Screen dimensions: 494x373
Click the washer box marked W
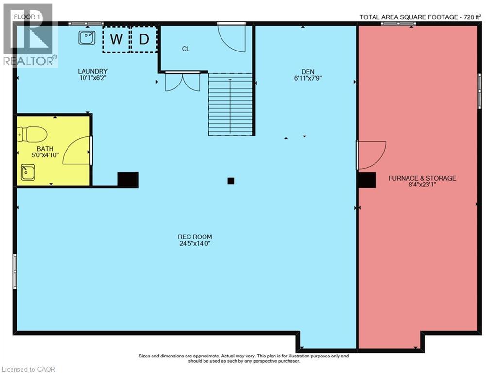[x=116, y=39]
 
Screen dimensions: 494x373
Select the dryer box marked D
[x=144, y=39]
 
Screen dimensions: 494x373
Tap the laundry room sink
[x=86, y=37]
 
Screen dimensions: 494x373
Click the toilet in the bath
[x=32, y=134]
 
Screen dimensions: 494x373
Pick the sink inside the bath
[x=28, y=172]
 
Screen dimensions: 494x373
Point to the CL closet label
[x=186, y=49]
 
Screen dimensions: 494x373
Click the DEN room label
[x=308, y=72]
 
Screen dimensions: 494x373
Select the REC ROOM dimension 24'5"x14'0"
[x=195, y=243]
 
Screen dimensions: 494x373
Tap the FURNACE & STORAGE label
[x=422, y=178]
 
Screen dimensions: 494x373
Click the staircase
[x=231, y=104]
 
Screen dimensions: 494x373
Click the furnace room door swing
[x=372, y=155]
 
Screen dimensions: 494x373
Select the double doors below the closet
[x=183, y=83]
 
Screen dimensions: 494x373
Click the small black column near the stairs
[x=231, y=181]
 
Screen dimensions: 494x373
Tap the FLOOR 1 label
[x=27, y=17]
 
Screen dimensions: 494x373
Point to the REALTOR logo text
[x=30, y=61]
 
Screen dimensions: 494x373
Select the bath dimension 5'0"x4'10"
[x=45, y=154]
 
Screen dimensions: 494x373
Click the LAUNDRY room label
[x=93, y=71]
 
